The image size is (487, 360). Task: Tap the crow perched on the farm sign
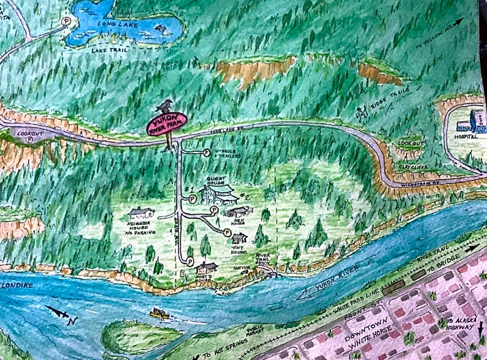(x=166, y=106)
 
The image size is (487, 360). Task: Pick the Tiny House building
(x=239, y=238)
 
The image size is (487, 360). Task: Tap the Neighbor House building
(x=141, y=212)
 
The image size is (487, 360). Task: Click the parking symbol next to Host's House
(x=190, y=261)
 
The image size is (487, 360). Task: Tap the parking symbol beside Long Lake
(x=66, y=21)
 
